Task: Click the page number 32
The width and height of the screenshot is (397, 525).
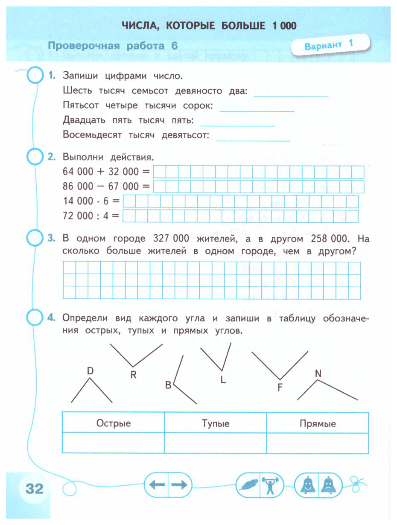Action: pyautogui.click(x=35, y=488)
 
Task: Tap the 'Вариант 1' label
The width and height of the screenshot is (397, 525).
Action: pyautogui.click(x=330, y=45)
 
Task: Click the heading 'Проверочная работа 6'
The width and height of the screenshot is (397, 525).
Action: pyautogui.click(x=113, y=46)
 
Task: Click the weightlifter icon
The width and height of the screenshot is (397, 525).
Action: pyautogui.click(x=269, y=485)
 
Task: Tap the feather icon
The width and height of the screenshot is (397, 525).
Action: pyautogui.click(x=248, y=485)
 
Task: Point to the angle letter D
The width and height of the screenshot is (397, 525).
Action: pyautogui.click(x=90, y=371)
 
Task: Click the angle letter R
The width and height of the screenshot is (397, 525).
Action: pyautogui.click(x=133, y=375)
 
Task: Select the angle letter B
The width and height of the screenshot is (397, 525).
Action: pyautogui.click(x=168, y=386)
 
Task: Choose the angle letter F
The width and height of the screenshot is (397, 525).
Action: pyautogui.click(x=280, y=388)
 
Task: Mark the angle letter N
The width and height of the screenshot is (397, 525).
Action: pyautogui.click(x=318, y=374)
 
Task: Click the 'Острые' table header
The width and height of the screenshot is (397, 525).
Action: pyautogui.click(x=114, y=423)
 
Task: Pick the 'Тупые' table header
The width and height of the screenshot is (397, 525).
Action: pyautogui.click(x=216, y=423)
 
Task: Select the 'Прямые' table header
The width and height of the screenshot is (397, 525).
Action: pyautogui.click(x=318, y=423)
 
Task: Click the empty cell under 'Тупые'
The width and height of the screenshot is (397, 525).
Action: pyautogui.click(x=216, y=443)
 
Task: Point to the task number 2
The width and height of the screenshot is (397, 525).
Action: pyautogui.click(x=52, y=157)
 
